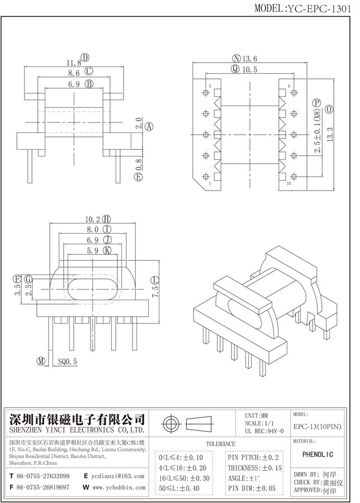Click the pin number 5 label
pyautogui.click(x=210, y=87)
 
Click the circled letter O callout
pyautogui.click(x=330, y=108)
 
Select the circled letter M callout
pyautogui.click(x=41, y=362)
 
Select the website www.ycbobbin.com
pyautogui.click(x=119, y=487)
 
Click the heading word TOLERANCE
pyautogui.click(x=220, y=443)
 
